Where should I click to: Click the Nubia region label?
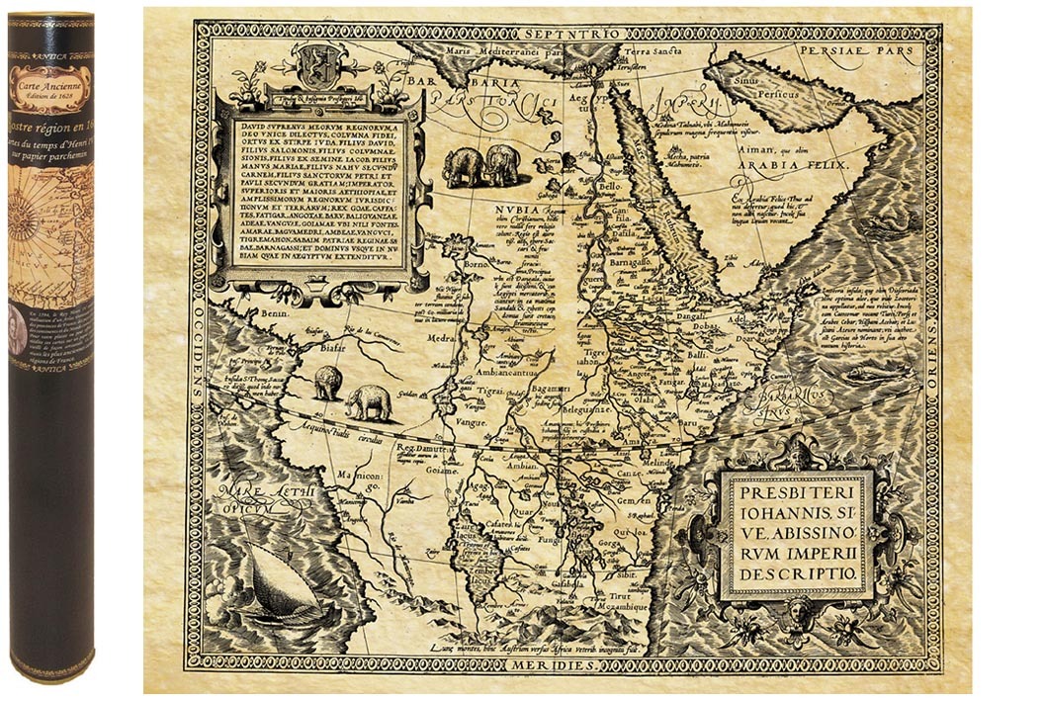coord(517,210)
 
